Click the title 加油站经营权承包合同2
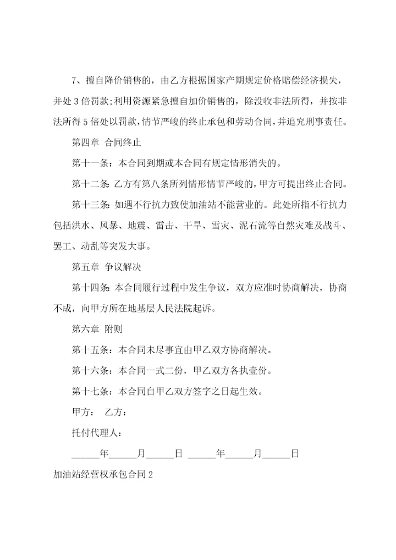102,475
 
